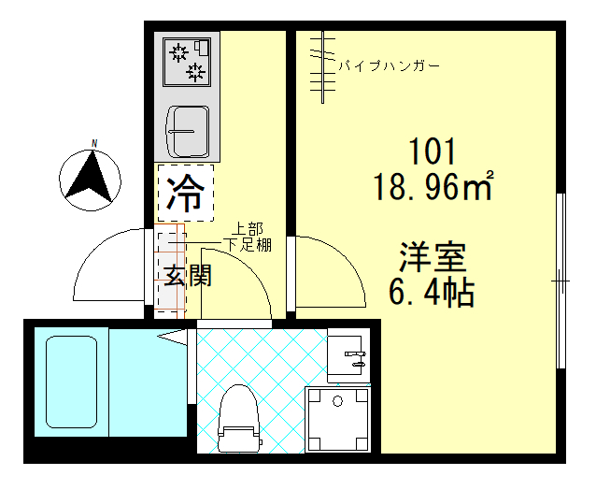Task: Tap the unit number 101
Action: [431, 151]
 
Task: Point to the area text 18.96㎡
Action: [433, 188]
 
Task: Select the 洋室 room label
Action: [433, 256]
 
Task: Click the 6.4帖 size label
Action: [432, 293]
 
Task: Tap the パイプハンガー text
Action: [388, 66]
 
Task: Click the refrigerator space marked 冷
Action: [185, 194]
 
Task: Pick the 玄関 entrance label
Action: [187, 275]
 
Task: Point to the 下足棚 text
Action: [248, 245]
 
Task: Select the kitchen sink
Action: [189, 130]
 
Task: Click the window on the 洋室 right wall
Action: [561, 281]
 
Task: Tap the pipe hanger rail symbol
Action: [323, 65]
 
